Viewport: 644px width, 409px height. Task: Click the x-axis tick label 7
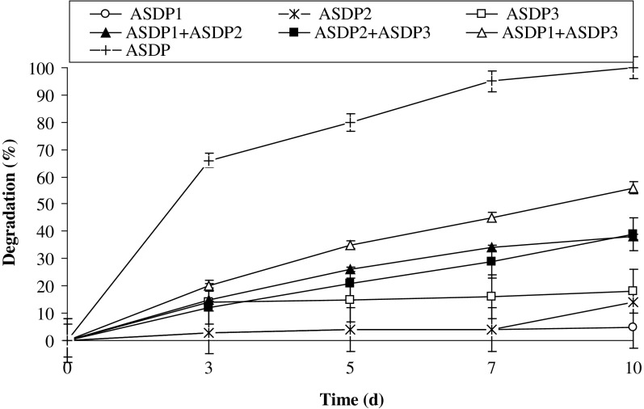click(x=491, y=369)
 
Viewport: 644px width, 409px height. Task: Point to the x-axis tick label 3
click(x=208, y=369)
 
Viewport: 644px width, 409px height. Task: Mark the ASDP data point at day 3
click(x=208, y=161)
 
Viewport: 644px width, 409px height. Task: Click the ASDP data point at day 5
click(x=351, y=123)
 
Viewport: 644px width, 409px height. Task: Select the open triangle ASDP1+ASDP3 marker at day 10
click(x=633, y=188)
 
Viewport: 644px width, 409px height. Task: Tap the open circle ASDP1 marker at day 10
click(x=633, y=327)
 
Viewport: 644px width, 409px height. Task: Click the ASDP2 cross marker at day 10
click(x=633, y=302)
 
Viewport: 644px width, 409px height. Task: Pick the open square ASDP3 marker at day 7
click(x=491, y=297)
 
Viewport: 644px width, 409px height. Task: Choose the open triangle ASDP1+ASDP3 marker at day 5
click(x=351, y=245)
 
